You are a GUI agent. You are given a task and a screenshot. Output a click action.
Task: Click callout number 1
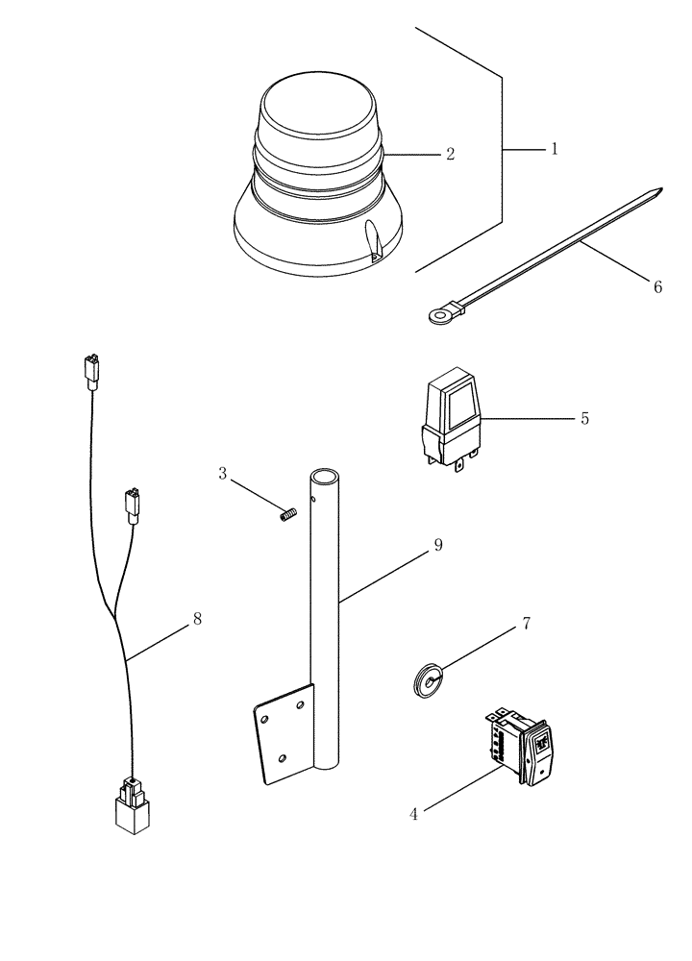[554, 150]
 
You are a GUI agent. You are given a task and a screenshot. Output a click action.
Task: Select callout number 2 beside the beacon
[449, 154]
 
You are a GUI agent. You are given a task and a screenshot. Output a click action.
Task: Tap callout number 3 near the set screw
[222, 473]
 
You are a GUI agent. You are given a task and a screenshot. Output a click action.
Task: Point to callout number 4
[414, 813]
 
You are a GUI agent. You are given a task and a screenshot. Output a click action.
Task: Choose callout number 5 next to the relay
[584, 419]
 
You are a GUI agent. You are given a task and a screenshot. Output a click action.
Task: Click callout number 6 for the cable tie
[657, 287]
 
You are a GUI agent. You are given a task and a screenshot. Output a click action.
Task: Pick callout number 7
[526, 624]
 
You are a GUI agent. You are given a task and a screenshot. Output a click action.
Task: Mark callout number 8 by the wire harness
[197, 619]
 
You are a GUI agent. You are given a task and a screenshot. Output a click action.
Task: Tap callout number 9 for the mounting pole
[437, 545]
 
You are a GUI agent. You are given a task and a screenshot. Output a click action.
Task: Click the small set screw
[284, 517]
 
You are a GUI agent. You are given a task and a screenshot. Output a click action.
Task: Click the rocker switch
[524, 750]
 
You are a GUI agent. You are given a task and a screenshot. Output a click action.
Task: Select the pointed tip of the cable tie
[659, 192]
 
